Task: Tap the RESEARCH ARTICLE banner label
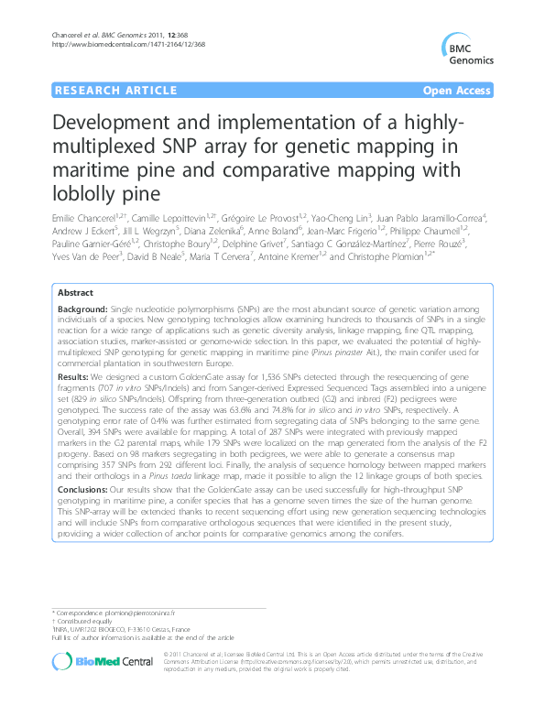tap(115, 91)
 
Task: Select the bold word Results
tap(73, 376)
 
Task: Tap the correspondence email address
tap(136, 611)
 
